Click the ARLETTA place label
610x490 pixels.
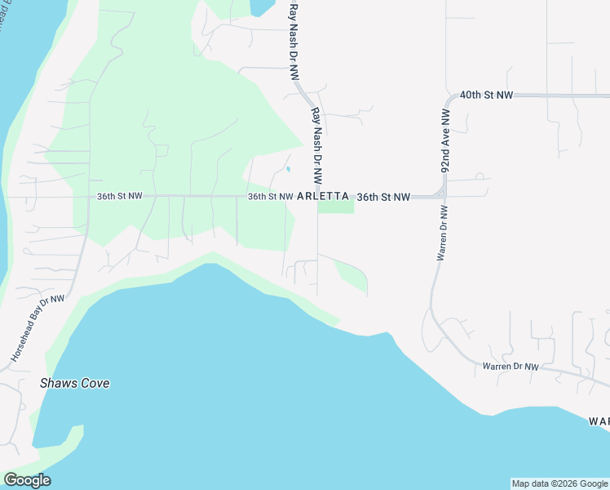(x=323, y=197)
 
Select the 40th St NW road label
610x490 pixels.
(x=486, y=96)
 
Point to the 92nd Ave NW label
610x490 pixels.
(x=446, y=146)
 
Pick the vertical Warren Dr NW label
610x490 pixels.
(x=441, y=233)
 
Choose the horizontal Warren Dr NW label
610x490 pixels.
(x=511, y=367)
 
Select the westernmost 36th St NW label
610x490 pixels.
(x=120, y=197)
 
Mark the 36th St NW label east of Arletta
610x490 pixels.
(x=383, y=197)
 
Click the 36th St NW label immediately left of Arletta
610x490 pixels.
(x=270, y=197)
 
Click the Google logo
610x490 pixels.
(x=27, y=480)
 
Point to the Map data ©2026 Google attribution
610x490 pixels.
(x=559, y=483)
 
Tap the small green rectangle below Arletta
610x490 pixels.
(x=336, y=207)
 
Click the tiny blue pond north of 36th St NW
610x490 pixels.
(x=288, y=170)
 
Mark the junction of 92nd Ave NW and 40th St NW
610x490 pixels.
(x=448, y=96)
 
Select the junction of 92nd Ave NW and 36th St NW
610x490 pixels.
(x=443, y=194)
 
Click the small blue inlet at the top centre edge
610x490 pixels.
(x=262, y=7)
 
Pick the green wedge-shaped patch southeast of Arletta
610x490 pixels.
(x=353, y=276)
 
